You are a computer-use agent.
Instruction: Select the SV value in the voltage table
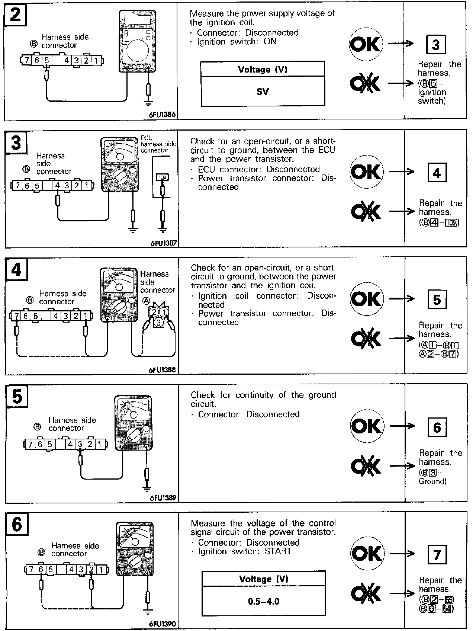(x=263, y=92)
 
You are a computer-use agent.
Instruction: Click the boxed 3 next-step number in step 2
(x=435, y=45)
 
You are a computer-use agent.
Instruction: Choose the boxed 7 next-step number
(x=437, y=555)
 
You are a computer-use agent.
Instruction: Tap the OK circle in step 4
(x=366, y=299)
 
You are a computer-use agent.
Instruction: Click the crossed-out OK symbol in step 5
(x=366, y=465)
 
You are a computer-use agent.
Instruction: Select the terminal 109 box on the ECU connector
(x=162, y=177)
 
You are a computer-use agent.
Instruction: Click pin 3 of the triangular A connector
(x=159, y=322)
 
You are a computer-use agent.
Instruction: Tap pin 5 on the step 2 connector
(x=46, y=60)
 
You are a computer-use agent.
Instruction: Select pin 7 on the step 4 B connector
(x=17, y=316)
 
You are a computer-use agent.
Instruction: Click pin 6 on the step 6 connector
(x=41, y=569)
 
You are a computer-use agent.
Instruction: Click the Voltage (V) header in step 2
(x=262, y=70)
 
